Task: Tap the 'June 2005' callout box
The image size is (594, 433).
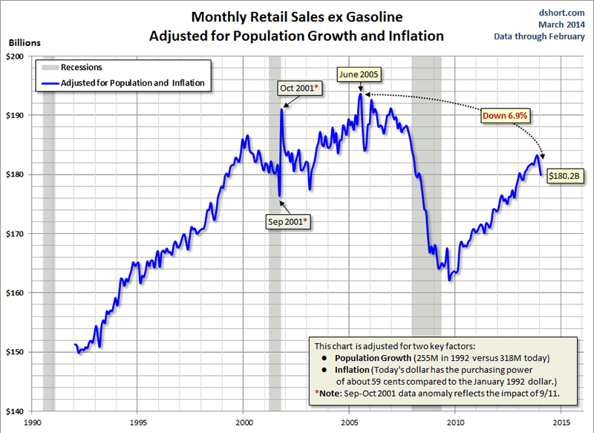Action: point(359,74)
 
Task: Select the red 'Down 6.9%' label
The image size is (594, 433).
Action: point(504,116)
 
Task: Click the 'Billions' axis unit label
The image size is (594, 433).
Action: point(25,43)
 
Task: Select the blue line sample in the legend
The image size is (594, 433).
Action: point(50,84)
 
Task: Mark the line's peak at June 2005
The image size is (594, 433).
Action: point(360,94)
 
